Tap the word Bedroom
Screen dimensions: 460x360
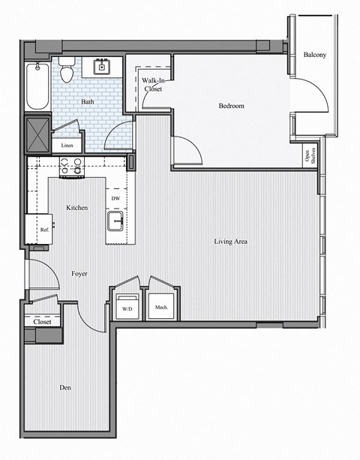(231, 106)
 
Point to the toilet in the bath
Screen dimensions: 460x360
(67, 71)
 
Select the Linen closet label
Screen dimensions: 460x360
(67, 146)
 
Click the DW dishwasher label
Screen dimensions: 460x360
(115, 198)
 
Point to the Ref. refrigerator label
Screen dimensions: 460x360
(44, 230)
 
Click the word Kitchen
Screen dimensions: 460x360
(77, 207)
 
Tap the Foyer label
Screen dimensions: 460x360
(79, 274)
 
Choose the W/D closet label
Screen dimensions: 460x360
(127, 308)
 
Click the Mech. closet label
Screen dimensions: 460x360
(161, 307)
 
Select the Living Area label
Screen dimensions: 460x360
(231, 242)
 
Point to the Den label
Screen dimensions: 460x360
(65, 387)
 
